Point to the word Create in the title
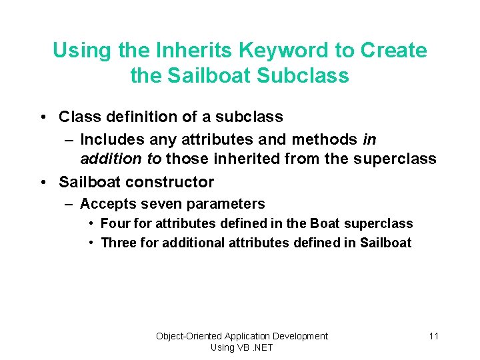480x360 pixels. [393, 50]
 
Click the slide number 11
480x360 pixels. [433, 336]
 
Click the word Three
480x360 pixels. [118, 243]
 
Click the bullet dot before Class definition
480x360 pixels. [42, 117]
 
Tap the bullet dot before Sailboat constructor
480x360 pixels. [42, 182]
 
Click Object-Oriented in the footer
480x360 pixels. [189, 336]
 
